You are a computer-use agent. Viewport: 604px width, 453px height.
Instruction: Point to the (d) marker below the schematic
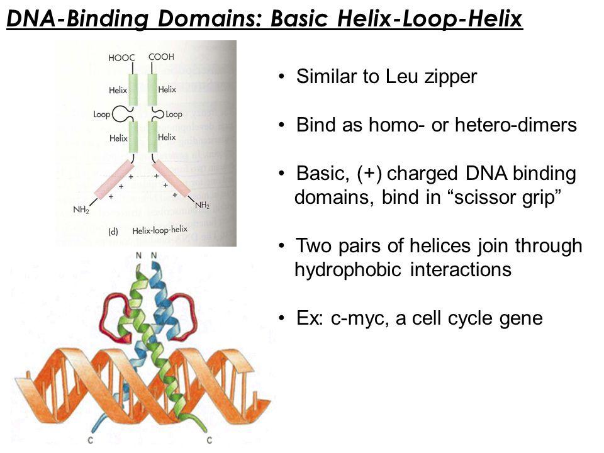113,231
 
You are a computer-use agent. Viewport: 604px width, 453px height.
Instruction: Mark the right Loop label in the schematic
174,115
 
